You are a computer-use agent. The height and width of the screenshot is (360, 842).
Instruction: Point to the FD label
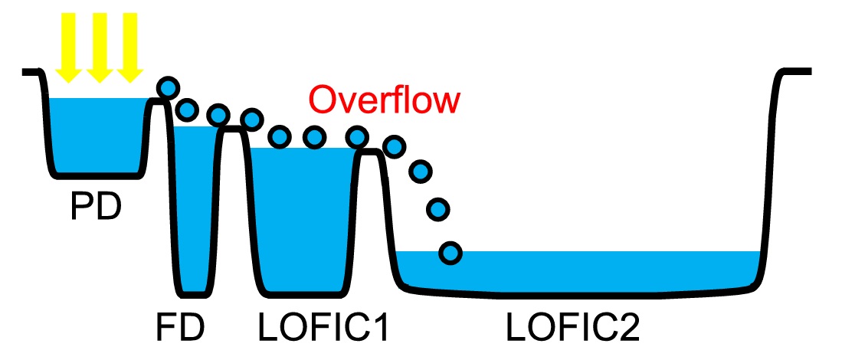coord(182,328)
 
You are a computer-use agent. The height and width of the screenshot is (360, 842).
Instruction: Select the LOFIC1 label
coord(323,328)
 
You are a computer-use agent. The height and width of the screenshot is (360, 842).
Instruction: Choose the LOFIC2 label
coord(572,328)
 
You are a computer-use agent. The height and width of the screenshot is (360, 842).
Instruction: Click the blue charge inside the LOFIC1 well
coord(304,218)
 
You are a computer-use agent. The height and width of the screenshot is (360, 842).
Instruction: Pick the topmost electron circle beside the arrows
coord(168,87)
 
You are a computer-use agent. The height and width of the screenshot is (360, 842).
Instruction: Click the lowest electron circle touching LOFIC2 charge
coord(450,251)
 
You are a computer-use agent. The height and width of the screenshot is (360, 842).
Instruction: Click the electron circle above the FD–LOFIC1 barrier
coord(251,119)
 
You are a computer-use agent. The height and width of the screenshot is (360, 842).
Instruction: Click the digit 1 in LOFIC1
coord(381,328)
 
